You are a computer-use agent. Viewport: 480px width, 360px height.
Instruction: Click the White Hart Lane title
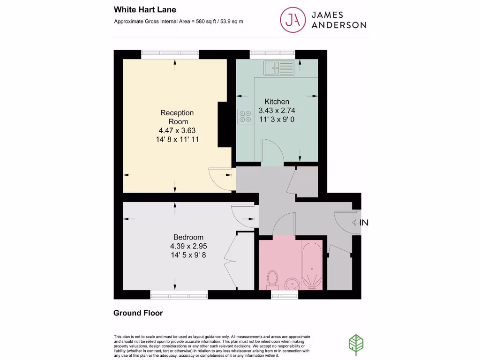(138, 9)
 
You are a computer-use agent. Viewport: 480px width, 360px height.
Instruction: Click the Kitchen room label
(277, 101)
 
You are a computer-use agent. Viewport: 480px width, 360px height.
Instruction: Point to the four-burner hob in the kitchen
(245, 116)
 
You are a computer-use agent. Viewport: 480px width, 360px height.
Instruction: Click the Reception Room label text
(177, 117)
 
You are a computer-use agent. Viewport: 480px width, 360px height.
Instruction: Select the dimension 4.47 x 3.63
(177, 131)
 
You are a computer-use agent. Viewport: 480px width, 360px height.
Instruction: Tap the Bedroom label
(188, 237)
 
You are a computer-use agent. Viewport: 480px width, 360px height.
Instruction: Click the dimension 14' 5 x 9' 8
(188, 255)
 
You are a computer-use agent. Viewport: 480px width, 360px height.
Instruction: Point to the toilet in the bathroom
(271, 279)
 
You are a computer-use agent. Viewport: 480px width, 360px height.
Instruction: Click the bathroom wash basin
(292, 283)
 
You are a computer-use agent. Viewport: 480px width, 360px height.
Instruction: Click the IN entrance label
(364, 223)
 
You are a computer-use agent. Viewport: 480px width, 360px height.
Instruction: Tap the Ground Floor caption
(138, 313)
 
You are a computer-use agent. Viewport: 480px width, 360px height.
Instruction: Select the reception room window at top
(170, 54)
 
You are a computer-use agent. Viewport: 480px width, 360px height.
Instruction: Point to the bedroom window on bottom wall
(179, 294)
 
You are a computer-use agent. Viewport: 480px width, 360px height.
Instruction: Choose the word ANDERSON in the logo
(338, 25)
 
